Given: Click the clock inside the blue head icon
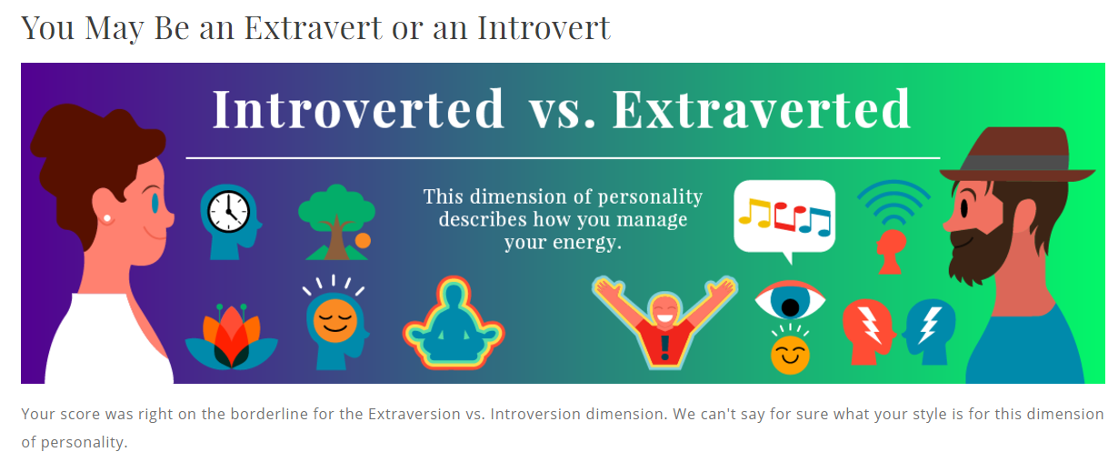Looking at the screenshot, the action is tap(228, 212).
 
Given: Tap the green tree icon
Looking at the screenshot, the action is tap(336, 222).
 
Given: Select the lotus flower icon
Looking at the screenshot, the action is tap(231, 336).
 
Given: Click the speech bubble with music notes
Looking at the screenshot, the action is tap(784, 220).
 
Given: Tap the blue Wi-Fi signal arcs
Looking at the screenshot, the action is tap(893, 201).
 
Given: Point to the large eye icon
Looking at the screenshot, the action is tap(790, 301).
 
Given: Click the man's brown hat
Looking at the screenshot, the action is tap(1017, 155).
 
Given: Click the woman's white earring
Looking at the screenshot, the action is tap(107, 219).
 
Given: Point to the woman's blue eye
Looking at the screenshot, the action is tap(155, 204).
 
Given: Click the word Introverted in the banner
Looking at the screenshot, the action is tap(358, 109).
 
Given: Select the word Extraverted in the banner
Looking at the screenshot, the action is tap(762, 109).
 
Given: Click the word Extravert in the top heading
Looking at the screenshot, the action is tap(313, 28).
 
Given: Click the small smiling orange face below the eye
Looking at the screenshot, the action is tap(790, 355).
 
